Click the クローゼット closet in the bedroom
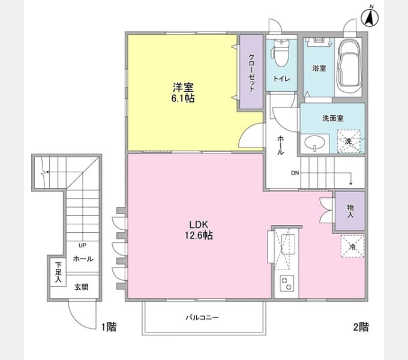(x=251, y=73)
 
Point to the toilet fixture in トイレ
(x=281, y=55)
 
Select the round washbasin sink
(x=314, y=143)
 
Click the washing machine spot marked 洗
(x=349, y=141)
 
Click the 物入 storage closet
(x=350, y=211)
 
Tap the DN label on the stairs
(x=295, y=174)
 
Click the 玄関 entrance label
(x=82, y=287)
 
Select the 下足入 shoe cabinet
(x=58, y=272)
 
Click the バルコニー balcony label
(x=202, y=317)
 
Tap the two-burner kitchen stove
(x=286, y=284)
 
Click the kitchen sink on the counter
(x=287, y=245)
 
